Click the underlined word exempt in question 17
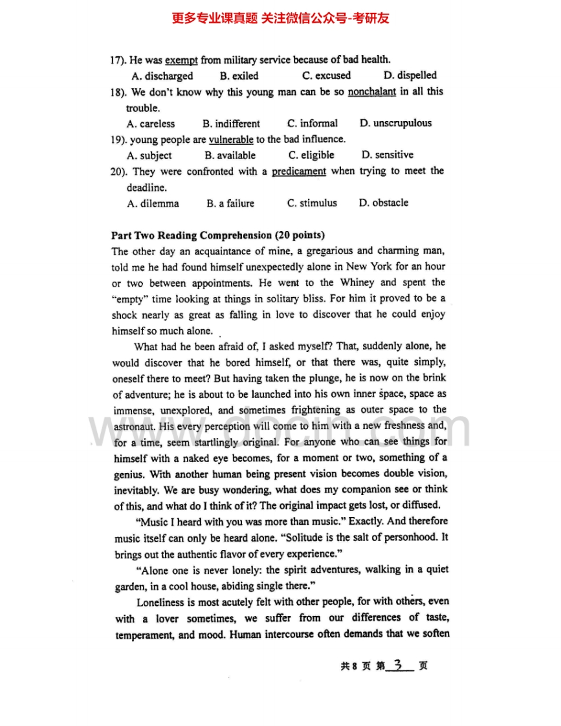tap(181, 60)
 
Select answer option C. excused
tap(327, 76)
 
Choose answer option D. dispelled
tap(410, 76)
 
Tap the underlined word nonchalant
tap(371, 92)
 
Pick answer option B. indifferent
tap(231, 124)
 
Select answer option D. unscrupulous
tap(395, 123)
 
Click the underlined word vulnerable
tap(231, 139)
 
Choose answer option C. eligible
tap(311, 155)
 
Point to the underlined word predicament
tap(299, 171)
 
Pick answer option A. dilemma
tap(153, 203)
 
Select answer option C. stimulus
tap(312, 203)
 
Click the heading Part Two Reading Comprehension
tap(218, 236)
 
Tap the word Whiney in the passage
tap(357, 283)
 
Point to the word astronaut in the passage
tap(134, 426)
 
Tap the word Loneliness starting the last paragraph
tap(161, 602)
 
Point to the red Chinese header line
tap(280, 18)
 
